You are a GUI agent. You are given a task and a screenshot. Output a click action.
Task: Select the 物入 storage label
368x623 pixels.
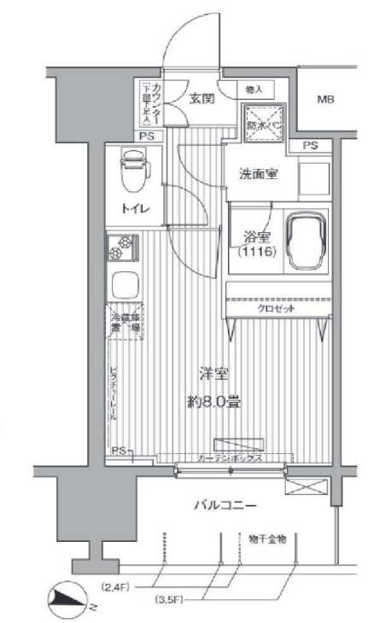[x=253, y=88]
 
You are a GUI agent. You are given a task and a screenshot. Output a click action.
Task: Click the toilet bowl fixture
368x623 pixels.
[x=133, y=170]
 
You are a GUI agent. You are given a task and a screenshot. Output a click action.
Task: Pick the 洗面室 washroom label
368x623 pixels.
[x=257, y=173]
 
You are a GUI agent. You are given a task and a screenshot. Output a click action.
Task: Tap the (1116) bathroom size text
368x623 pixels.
[x=254, y=253]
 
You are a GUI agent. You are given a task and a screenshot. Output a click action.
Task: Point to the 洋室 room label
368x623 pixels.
[x=213, y=374]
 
